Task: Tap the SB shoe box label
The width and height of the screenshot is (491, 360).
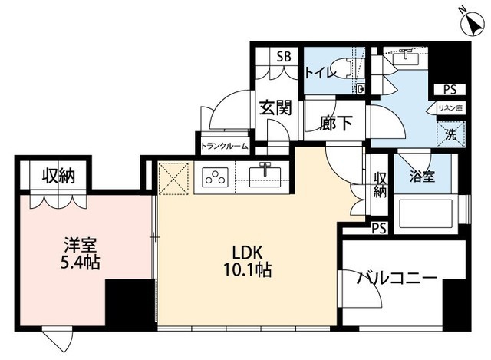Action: (x=284, y=57)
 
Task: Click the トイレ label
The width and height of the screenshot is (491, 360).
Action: (x=319, y=73)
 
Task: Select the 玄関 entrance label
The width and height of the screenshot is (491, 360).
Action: (x=274, y=107)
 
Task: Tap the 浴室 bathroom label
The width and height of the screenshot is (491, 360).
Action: (x=421, y=177)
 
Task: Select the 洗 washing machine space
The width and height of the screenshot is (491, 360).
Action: (x=452, y=132)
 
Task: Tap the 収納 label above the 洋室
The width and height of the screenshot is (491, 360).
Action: (x=58, y=176)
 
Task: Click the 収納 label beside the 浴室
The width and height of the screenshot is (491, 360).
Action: (x=380, y=185)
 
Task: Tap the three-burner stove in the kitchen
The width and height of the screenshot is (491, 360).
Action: (x=215, y=178)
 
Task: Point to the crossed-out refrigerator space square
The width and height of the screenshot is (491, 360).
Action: (x=173, y=179)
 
